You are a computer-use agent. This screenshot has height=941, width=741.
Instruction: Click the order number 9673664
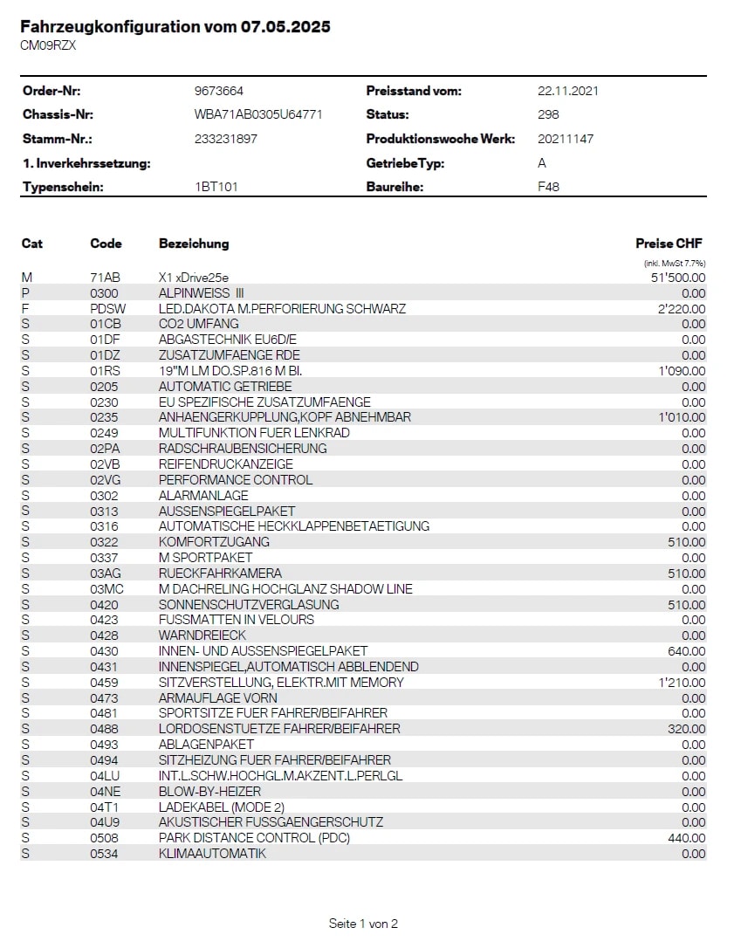pyautogui.click(x=218, y=91)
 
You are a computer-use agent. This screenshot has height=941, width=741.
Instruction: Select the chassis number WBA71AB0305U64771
pyautogui.click(x=258, y=114)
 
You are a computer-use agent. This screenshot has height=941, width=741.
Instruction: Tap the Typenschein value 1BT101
pyautogui.click(x=216, y=187)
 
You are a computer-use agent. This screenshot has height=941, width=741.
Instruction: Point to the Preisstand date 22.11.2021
pyautogui.click(x=568, y=91)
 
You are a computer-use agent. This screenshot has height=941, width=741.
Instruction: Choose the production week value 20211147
pyautogui.click(x=566, y=139)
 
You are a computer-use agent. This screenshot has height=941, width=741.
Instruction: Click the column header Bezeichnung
pyautogui.click(x=194, y=244)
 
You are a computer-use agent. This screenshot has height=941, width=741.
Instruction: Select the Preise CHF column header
pyautogui.click(x=669, y=244)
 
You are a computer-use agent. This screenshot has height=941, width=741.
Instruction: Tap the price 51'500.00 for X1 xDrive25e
pyautogui.click(x=678, y=278)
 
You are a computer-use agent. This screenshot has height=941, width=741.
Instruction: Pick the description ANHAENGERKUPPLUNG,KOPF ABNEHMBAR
pyautogui.click(x=285, y=417)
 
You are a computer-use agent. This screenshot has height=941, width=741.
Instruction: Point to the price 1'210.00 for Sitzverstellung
pyautogui.click(x=683, y=683)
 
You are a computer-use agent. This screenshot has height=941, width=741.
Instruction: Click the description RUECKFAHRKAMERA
pyautogui.click(x=220, y=574)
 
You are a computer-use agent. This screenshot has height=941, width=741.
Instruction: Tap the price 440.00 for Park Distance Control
pyautogui.click(x=687, y=838)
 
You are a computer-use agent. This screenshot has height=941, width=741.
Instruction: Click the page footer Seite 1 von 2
pyautogui.click(x=363, y=924)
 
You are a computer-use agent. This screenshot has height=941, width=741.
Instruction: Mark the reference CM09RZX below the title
pyautogui.click(x=48, y=45)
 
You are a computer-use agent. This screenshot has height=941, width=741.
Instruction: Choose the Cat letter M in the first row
pyautogui.click(x=27, y=278)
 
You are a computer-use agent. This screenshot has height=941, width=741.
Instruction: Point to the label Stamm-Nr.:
pyautogui.click(x=58, y=139)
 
